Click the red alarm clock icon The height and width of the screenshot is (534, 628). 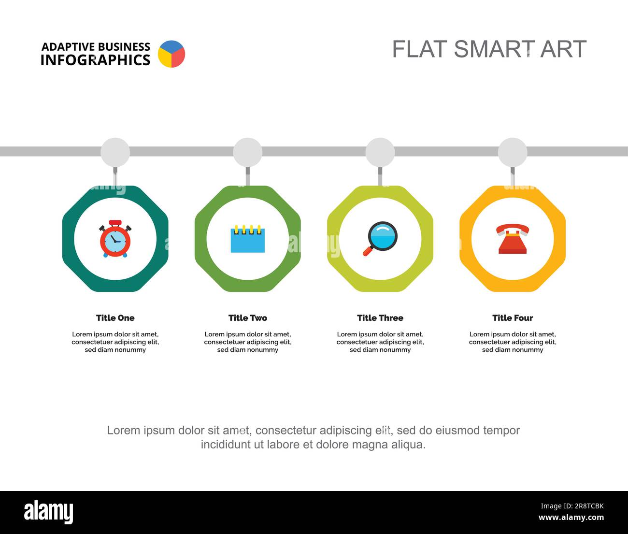(115, 239)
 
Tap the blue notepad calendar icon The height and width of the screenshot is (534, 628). (248, 239)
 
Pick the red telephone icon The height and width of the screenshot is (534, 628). (513, 239)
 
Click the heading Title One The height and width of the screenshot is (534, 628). (115, 318)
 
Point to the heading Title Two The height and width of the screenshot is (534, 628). (248, 318)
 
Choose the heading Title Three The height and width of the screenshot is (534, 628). (380, 318)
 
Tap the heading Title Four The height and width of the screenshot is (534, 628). (513, 318)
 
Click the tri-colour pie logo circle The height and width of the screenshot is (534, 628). (171, 54)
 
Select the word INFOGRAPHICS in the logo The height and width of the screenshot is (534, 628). (95, 60)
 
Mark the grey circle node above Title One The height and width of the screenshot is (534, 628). (115, 152)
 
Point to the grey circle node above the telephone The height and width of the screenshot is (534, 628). (513, 152)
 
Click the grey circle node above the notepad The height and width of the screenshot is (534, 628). (248, 152)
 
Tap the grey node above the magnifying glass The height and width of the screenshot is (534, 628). (380, 152)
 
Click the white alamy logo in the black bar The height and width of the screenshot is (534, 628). (49, 512)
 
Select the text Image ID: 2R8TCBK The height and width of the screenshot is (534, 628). (572, 506)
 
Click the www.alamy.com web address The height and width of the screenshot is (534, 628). (571, 517)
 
